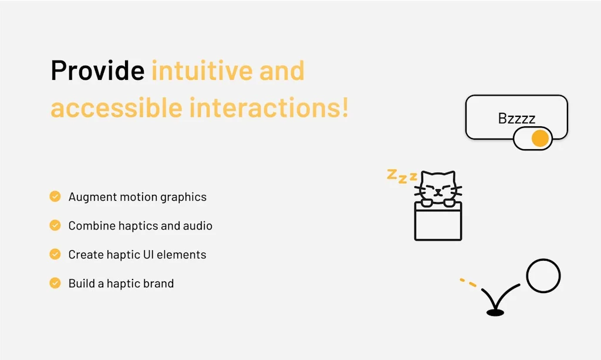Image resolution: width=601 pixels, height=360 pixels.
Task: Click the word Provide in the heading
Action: coord(97,71)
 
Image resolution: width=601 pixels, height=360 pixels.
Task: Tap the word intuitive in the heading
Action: coord(197,71)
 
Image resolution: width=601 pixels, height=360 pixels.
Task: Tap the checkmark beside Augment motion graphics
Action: coord(55,196)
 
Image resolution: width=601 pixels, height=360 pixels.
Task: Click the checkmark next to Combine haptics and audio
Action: coord(55,225)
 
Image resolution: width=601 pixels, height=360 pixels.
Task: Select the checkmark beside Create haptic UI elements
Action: coord(55,254)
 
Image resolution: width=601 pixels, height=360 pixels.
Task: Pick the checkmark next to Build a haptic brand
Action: coord(55,283)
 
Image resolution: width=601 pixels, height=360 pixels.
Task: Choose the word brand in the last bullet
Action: coord(158,284)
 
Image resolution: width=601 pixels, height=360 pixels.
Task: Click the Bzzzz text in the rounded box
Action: coord(516,119)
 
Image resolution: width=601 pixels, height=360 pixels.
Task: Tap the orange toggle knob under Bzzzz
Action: coord(539,139)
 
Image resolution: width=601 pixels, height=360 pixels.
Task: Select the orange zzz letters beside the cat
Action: coord(401,176)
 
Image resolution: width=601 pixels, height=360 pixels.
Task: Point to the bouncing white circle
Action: coord(543,276)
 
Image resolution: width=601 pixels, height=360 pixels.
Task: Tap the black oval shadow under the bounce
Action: coord(495,313)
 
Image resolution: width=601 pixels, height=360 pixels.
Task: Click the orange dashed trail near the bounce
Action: coord(468,282)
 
